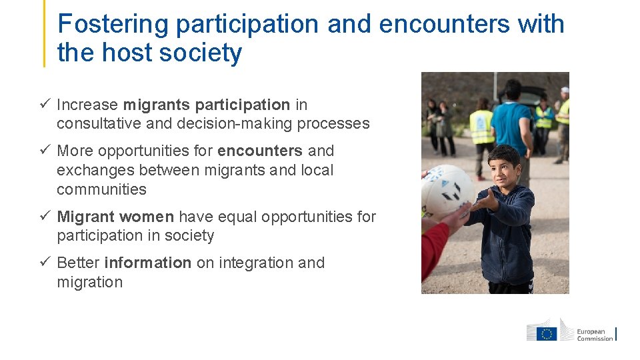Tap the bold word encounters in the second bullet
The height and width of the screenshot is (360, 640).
(260, 151)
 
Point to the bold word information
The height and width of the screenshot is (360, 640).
(148, 263)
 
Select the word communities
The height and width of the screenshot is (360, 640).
(101, 189)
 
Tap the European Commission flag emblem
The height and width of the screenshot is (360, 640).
(547, 333)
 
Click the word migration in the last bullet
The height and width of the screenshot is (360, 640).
(89, 282)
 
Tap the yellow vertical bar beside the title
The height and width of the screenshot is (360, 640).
(45, 33)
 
